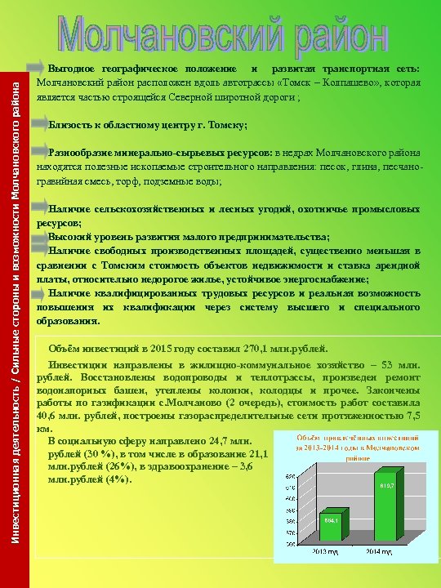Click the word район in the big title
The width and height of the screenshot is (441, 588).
(342, 34)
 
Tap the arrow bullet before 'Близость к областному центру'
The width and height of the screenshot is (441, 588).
(38, 124)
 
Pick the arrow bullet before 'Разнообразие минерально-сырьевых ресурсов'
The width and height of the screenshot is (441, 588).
(38, 152)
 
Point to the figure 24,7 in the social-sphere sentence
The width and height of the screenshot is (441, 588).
(209, 442)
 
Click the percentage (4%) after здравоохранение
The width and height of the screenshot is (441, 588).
(111, 480)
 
